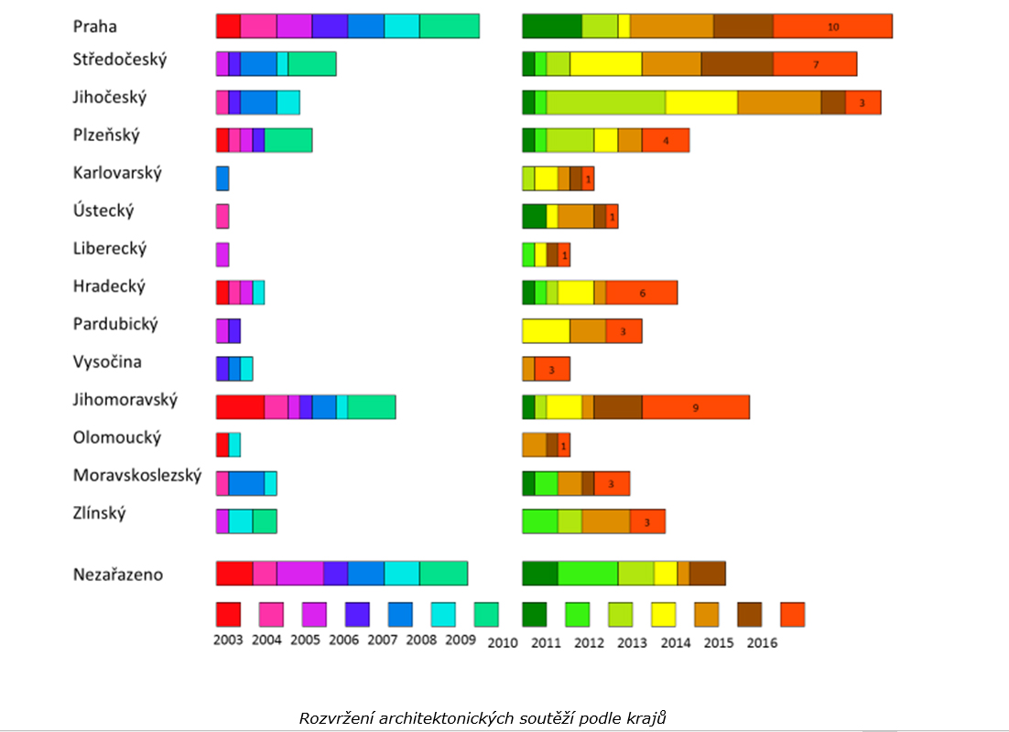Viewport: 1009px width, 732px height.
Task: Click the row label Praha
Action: coord(95,26)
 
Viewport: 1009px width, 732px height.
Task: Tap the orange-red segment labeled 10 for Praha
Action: coord(832,27)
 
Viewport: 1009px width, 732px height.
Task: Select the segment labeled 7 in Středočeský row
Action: coord(815,64)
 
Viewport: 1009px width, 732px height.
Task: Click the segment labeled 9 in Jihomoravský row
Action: coord(696,407)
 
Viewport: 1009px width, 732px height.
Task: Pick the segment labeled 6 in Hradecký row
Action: coord(642,293)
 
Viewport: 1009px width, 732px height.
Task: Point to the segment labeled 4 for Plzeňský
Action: coord(666,140)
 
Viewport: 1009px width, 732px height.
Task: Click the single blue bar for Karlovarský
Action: coord(222,178)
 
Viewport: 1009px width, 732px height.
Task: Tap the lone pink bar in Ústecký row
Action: coord(222,216)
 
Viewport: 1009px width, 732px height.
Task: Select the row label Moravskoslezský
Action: coord(136,475)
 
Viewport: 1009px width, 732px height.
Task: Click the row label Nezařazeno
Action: coord(118,575)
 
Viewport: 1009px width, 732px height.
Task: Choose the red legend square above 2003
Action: coord(228,614)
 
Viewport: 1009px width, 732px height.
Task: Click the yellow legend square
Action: coord(664,614)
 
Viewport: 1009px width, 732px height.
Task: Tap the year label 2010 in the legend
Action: coord(503,642)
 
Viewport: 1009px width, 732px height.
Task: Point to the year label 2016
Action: coord(762,642)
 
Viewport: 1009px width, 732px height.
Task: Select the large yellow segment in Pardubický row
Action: coord(546,330)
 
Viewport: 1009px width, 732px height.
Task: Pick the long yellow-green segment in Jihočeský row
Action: coord(606,102)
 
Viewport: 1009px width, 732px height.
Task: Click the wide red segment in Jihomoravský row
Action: coord(240,407)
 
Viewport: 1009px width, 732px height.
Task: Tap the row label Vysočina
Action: coord(107,361)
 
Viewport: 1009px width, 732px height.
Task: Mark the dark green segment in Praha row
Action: coord(552,27)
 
